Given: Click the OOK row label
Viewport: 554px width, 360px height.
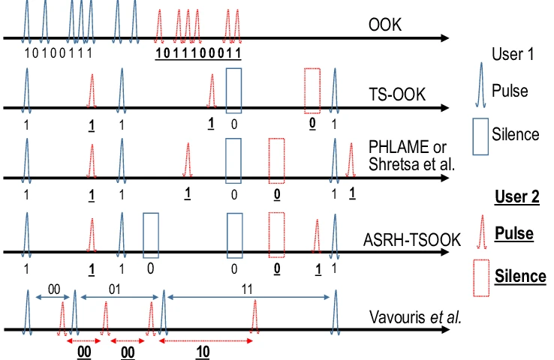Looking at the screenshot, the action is pos(385,25).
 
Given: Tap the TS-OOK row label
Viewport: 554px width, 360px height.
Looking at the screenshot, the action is pos(397,94).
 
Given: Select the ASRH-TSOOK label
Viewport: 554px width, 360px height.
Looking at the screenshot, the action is pos(411,240).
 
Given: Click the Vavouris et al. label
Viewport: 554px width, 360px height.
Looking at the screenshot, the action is pos(416,317).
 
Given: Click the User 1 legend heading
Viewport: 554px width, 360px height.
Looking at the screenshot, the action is pos(513,54).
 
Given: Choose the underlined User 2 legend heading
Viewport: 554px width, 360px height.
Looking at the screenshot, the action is pos(517,196).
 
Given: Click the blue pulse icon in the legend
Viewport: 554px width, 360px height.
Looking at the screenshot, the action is pos(480,85).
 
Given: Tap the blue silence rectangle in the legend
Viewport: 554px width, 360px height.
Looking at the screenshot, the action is pos(480,136).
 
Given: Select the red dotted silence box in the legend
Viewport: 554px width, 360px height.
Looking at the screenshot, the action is pos(481,278).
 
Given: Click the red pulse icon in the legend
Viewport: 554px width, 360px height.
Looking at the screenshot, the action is pos(482,232).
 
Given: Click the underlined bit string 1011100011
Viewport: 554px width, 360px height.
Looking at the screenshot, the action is pos(198,53).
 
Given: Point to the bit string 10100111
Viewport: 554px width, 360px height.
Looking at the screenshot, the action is pos(59,53).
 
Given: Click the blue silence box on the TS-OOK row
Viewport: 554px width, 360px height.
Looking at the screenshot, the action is pos(234,91).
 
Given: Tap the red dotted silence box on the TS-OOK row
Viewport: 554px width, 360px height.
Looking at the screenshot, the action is pos(312,91).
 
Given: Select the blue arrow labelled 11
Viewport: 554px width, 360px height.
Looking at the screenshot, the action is pos(248,298).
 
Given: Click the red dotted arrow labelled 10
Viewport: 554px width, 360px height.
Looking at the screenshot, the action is pos(206,341).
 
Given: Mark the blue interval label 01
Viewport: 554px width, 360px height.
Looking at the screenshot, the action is pos(114,289).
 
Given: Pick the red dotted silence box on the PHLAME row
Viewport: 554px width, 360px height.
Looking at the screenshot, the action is pos(277,161).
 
